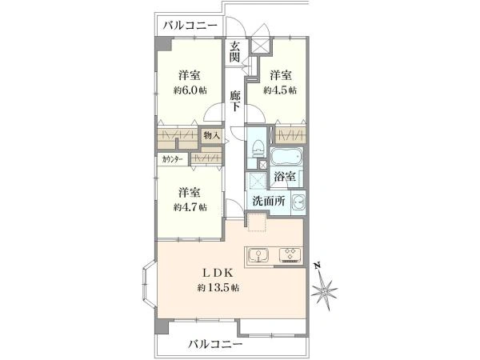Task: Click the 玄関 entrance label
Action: (236, 53)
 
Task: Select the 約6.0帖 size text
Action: (190, 90)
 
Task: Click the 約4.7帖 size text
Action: (190, 206)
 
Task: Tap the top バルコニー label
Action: (190, 26)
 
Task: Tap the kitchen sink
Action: (259, 255)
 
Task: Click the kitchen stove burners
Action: (288, 255)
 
